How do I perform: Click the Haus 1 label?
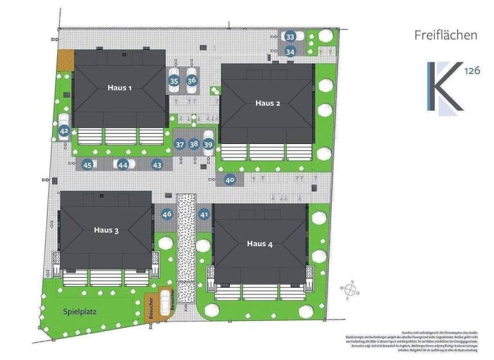click(x=120, y=87)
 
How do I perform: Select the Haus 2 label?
click(x=268, y=103)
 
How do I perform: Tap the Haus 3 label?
click(x=106, y=230)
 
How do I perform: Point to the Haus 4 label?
click(x=260, y=244)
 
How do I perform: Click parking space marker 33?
click(x=291, y=37)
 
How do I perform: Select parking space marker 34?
click(x=291, y=51)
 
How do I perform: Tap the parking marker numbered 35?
click(x=174, y=80)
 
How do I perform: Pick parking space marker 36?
click(x=192, y=80)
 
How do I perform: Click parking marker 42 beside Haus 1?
click(x=64, y=131)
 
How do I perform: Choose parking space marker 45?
click(x=87, y=165)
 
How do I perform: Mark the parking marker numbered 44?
click(x=122, y=165)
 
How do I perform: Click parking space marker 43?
click(x=157, y=165)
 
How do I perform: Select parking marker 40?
click(x=230, y=180)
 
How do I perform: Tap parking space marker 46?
click(x=167, y=213)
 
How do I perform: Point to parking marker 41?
click(x=205, y=214)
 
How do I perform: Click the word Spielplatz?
click(x=80, y=312)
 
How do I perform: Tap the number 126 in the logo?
click(x=471, y=72)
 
